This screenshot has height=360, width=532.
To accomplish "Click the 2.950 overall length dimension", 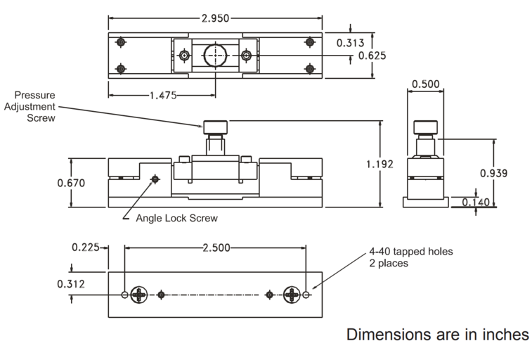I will (x=215, y=18).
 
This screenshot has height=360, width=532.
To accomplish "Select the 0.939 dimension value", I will (x=494, y=173).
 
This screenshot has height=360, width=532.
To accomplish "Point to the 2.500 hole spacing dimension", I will (x=215, y=247).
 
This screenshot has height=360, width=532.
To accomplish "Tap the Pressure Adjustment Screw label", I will (x=34, y=106).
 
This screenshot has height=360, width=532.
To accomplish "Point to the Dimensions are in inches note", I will (x=437, y=335).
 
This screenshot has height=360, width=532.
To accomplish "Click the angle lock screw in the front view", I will (x=155, y=180).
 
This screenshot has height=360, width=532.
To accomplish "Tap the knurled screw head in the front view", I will (x=216, y=128).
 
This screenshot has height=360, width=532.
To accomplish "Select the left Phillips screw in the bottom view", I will (x=139, y=295).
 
